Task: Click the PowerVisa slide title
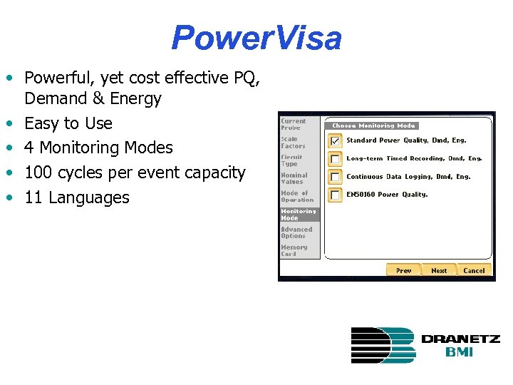click(x=256, y=38)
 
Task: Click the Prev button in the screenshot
click(x=403, y=270)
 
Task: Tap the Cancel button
click(x=474, y=270)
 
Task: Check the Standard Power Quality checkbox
click(x=335, y=141)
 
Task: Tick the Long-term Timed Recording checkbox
click(x=335, y=159)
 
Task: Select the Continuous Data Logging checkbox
click(x=335, y=177)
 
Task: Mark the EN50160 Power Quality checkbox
click(x=335, y=195)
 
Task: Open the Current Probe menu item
click(x=294, y=124)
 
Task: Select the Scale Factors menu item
click(x=294, y=143)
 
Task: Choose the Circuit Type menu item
click(x=293, y=160)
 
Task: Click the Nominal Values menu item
click(x=294, y=178)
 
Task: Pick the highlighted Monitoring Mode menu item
click(x=298, y=215)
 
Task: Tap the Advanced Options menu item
click(x=296, y=232)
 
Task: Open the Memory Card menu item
click(x=294, y=250)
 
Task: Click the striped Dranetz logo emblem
click(x=383, y=345)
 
